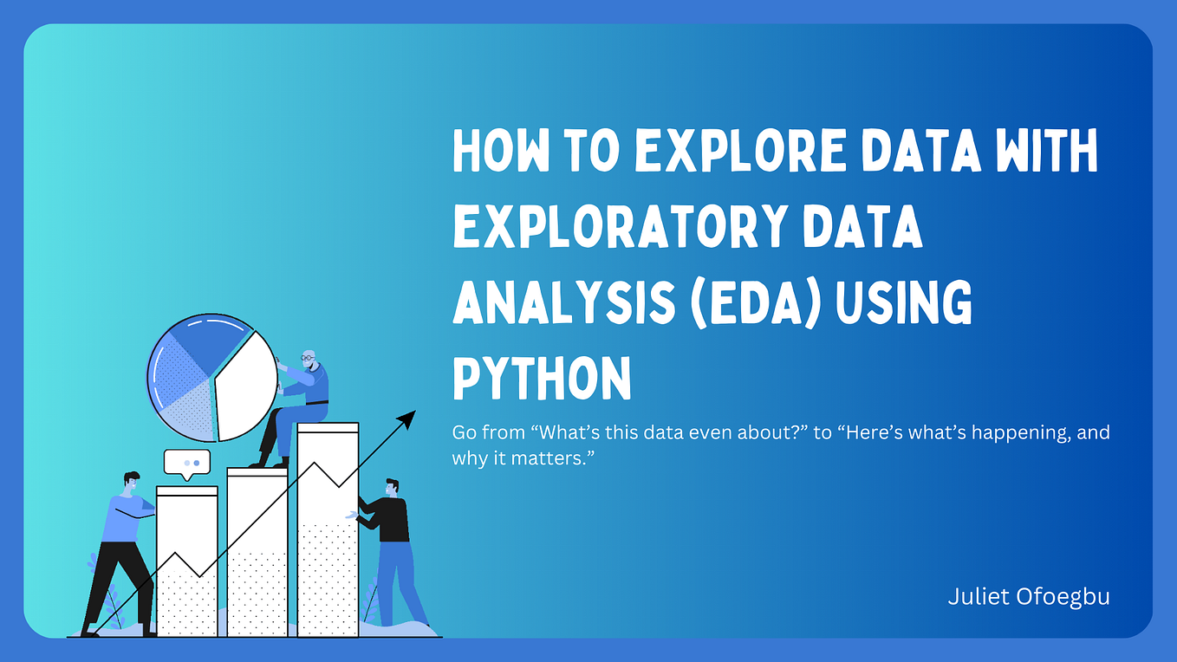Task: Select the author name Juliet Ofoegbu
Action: pyautogui.click(x=1029, y=597)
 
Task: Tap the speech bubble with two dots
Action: pyautogui.click(x=186, y=463)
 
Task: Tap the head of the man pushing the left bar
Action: pyautogui.click(x=131, y=482)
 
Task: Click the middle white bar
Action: pyautogui.click(x=257, y=555)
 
